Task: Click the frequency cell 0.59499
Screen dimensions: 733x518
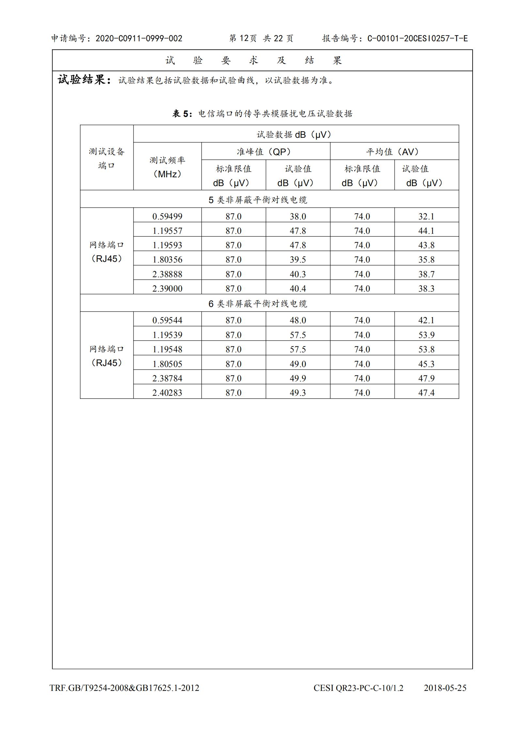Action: (167, 216)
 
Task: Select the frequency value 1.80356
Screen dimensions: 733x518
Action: (167, 260)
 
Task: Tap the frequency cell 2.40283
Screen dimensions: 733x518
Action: (167, 393)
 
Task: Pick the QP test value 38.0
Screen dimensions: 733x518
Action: (298, 216)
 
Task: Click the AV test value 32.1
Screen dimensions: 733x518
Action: (426, 216)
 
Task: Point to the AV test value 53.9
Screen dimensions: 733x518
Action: (426, 335)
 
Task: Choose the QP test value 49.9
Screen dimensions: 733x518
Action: (298, 378)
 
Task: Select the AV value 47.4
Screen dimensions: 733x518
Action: (426, 393)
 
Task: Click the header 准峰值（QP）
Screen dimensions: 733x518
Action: (265, 151)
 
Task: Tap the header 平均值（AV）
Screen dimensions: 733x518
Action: (394, 151)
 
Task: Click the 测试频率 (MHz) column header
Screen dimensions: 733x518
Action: (167, 167)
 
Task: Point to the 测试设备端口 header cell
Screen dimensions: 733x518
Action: (107, 158)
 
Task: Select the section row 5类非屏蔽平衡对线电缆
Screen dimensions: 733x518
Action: (258, 199)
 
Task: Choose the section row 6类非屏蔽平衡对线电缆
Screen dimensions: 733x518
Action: (258, 304)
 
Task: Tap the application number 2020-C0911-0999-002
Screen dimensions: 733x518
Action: (139, 39)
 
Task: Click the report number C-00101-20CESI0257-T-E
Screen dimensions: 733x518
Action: (417, 39)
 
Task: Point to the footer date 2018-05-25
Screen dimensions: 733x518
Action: (445, 688)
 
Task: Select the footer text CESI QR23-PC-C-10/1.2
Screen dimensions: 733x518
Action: (358, 688)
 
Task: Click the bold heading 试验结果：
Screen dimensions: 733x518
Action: (85, 80)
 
